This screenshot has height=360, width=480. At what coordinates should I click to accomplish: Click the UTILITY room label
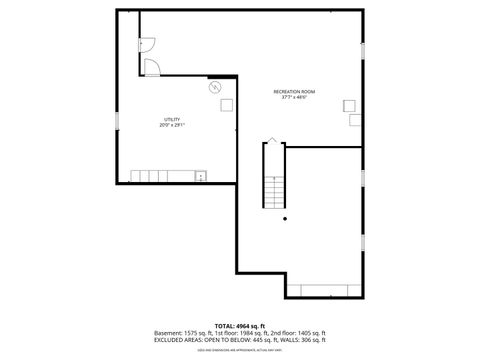172,119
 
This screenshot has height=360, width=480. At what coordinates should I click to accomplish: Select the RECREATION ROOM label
293,92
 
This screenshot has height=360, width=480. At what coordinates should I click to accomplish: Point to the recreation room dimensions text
293,98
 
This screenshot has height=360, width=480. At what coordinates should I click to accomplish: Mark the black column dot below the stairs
285,218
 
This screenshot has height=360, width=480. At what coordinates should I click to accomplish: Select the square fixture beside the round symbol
227,104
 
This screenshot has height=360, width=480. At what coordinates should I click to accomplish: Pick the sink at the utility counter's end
200,176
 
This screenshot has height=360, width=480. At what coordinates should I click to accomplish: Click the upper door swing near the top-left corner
145,44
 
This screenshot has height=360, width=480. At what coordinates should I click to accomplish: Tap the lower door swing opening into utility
151,67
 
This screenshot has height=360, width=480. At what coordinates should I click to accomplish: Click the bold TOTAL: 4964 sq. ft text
239,326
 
